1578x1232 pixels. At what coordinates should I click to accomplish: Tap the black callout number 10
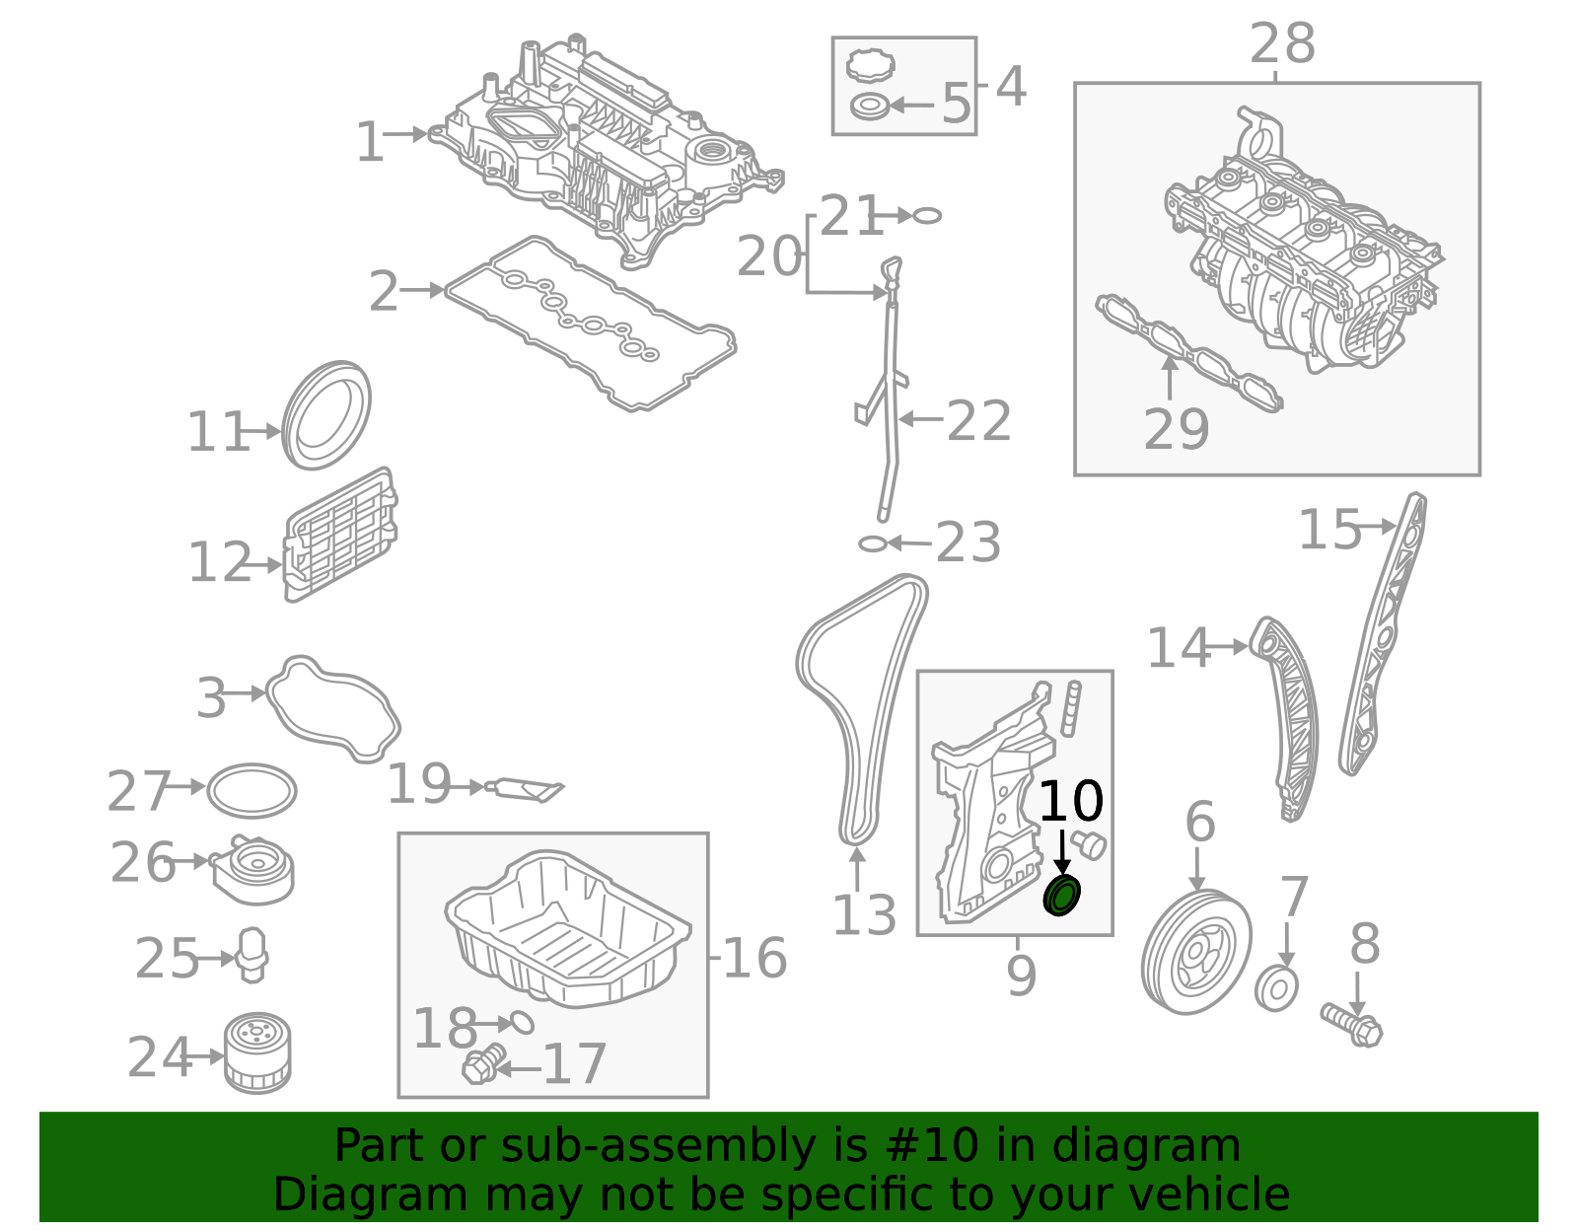coord(1071,802)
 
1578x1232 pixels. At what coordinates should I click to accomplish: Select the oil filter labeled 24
coord(257,1054)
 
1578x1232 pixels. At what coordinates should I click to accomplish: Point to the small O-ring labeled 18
coord(522,1022)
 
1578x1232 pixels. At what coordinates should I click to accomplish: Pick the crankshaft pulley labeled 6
coord(1196,952)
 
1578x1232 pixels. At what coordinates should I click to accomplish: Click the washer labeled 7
coord(1276,988)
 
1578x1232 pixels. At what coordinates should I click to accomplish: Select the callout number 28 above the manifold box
coord(1282,44)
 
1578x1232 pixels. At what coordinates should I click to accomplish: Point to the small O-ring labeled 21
coord(927,215)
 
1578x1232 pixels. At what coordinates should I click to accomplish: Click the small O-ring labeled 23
coord(872,544)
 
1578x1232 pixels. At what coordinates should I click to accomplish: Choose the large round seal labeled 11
coord(326,415)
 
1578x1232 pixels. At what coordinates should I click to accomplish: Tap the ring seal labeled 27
coord(251,790)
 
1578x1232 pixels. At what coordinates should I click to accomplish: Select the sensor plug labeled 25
coord(252,954)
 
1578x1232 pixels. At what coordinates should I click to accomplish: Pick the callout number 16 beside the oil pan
coord(754,958)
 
